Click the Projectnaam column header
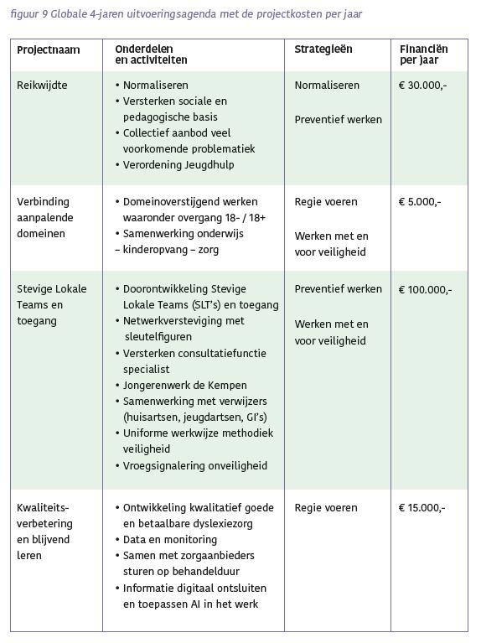tap(48, 50)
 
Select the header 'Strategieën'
tap(323, 49)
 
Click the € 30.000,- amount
tap(423, 86)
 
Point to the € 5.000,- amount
tap(420, 202)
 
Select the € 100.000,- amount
tap(426, 290)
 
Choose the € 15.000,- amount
tap(422, 508)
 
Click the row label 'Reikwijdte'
tap(42, 86)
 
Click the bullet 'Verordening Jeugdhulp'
tap(178, 165)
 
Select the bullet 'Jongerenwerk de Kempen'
tap(184, 385)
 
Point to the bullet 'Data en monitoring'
tap(169, 540)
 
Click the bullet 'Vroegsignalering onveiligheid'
tap(194, 465)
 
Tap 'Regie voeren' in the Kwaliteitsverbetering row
tap(326, 508)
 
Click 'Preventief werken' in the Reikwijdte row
tap(338, 120)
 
